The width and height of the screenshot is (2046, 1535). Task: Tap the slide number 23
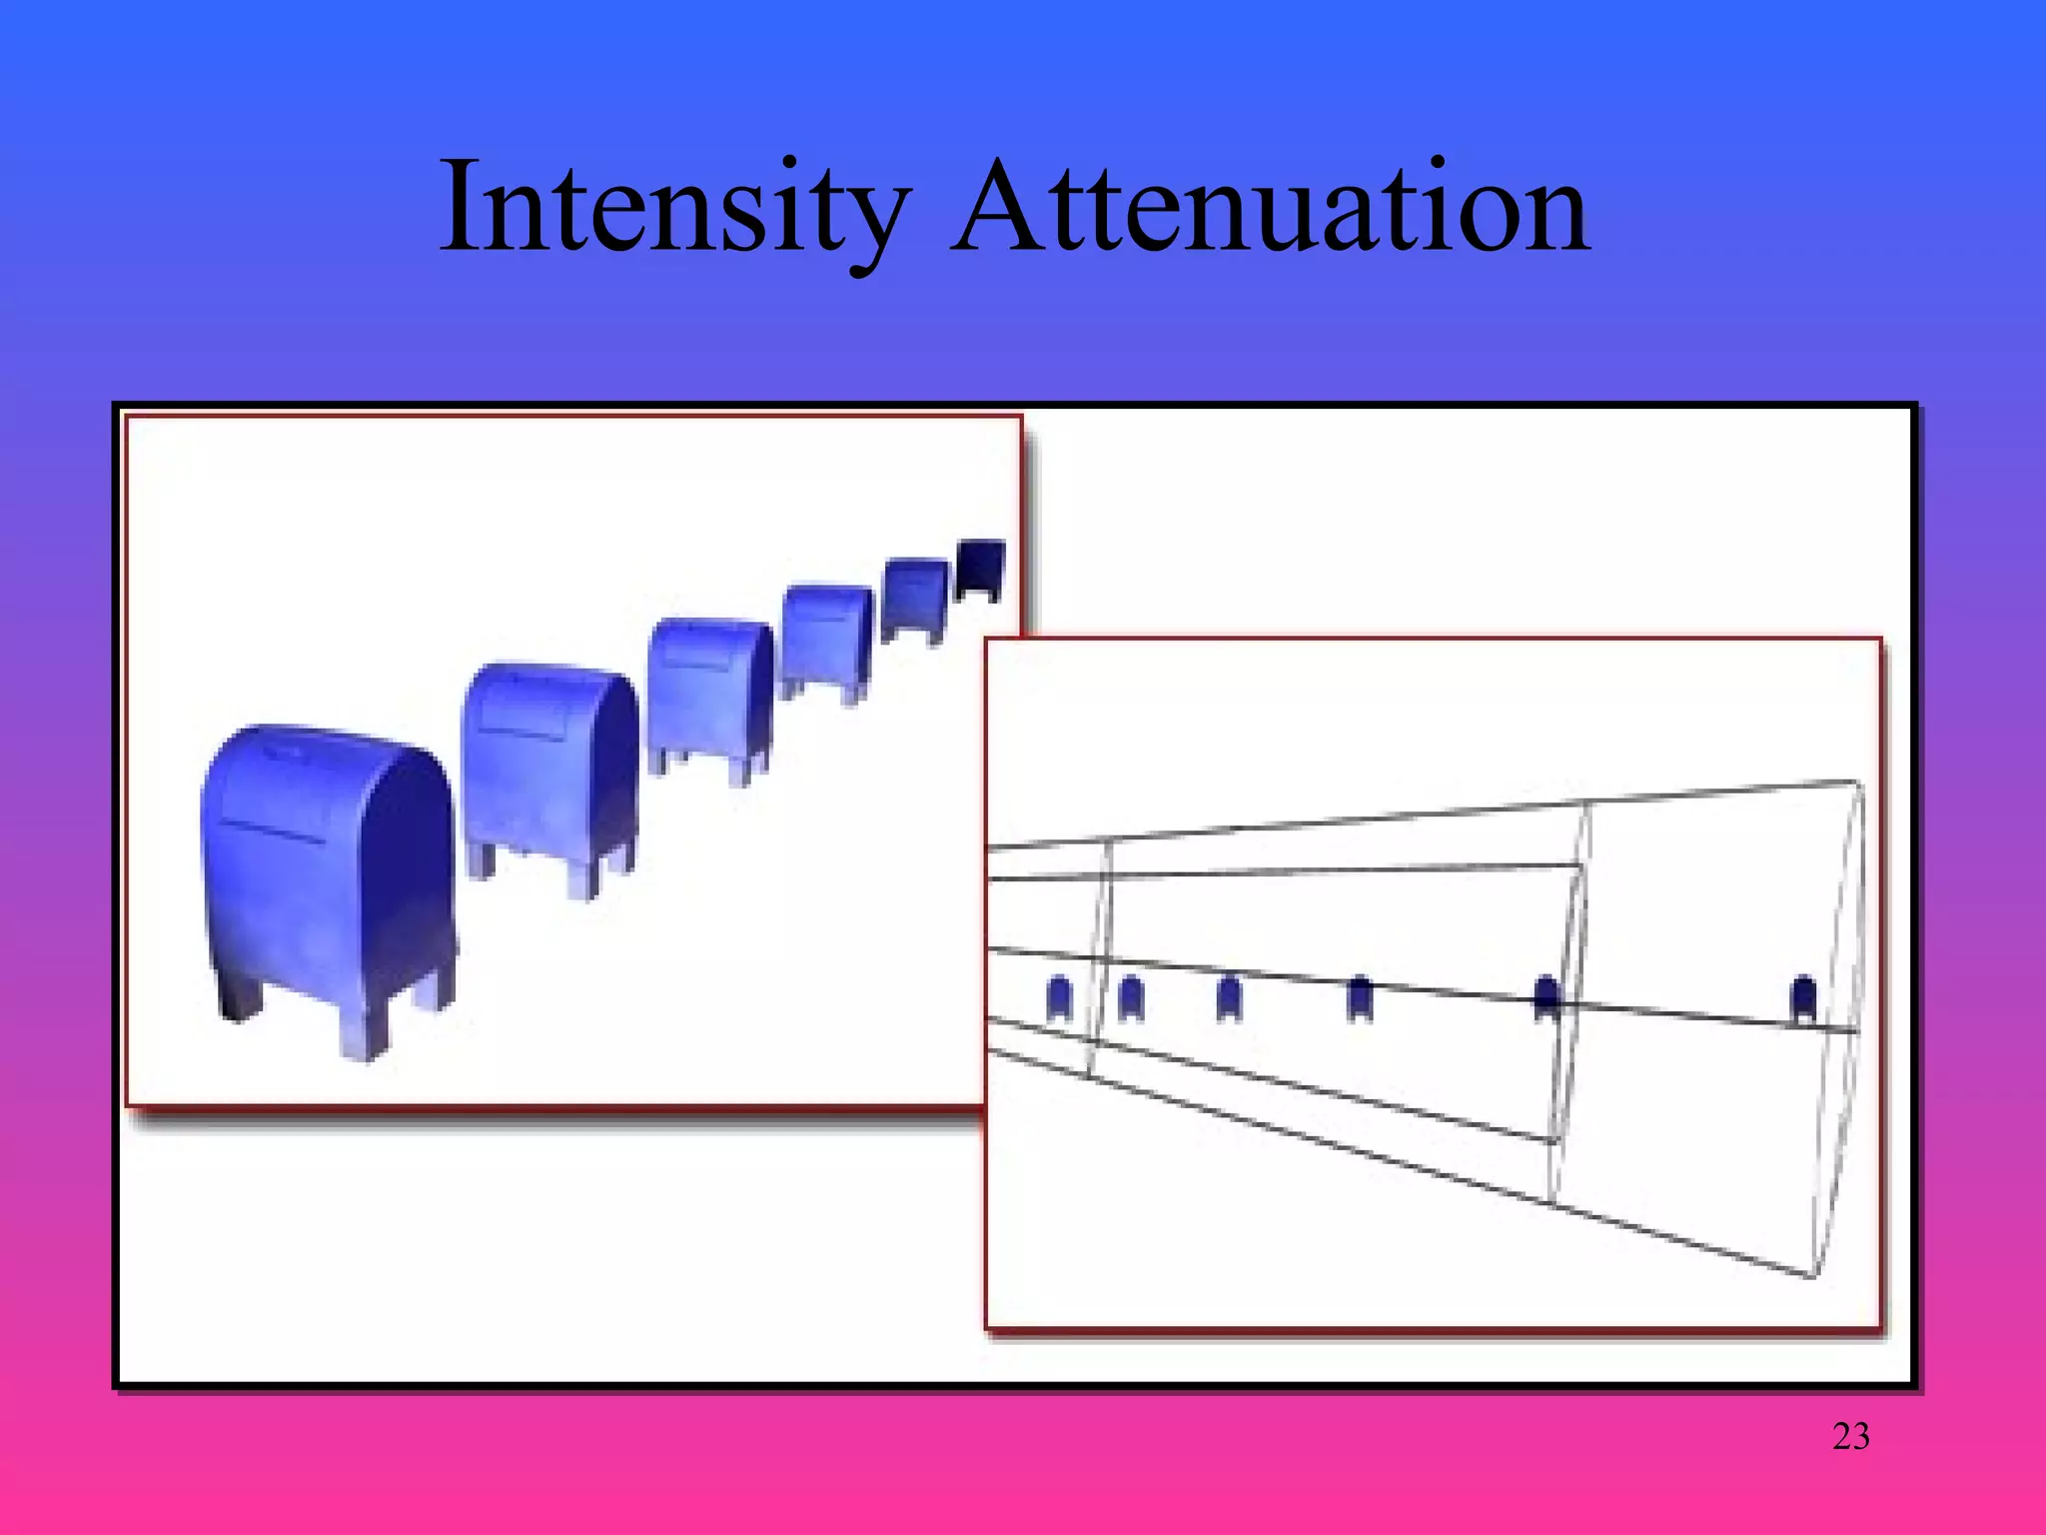[1850, 1436]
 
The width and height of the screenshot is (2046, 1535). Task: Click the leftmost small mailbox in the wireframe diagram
[1059, 997]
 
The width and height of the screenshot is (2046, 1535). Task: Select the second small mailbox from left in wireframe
[1130, 997]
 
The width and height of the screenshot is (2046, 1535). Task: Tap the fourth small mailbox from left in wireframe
[1360, 997]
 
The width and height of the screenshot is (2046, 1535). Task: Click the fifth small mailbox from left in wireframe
[1546, 997]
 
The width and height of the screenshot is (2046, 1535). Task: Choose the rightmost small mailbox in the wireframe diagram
[1803, 997]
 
